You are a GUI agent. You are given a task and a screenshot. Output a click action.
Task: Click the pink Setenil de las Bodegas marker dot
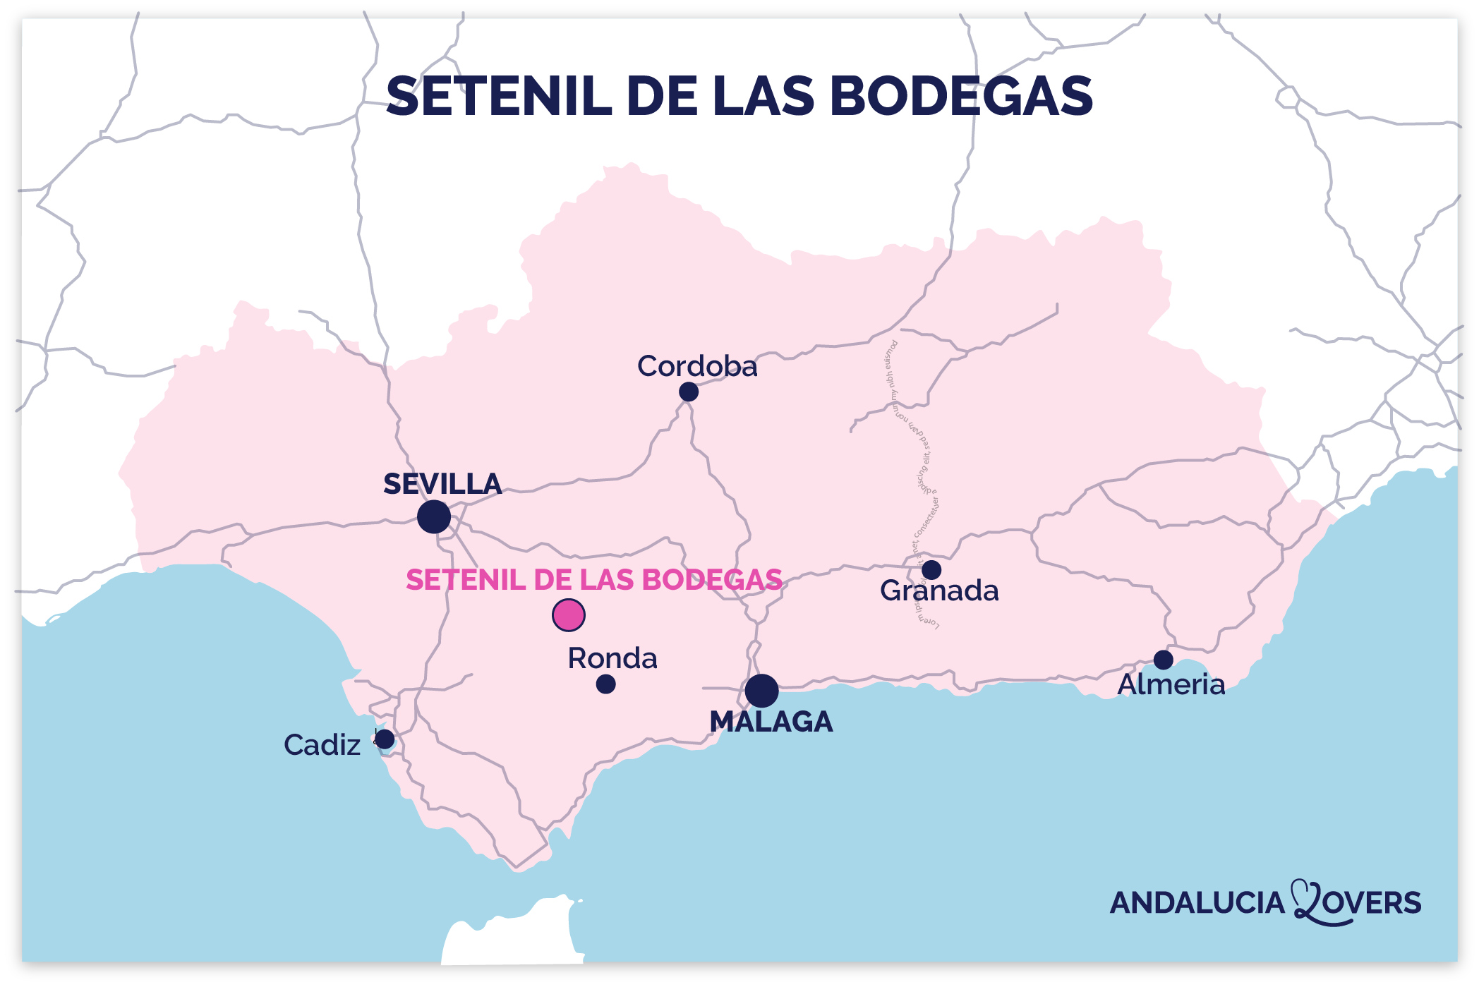568,615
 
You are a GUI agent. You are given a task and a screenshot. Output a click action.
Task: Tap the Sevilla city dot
434,517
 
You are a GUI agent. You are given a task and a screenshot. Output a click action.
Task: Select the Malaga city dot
761,691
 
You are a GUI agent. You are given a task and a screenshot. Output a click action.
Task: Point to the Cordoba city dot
689,392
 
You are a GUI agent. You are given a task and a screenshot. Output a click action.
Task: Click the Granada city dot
931,569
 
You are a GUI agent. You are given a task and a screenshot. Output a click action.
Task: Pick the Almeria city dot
1164,660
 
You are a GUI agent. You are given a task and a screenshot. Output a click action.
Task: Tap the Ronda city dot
605,684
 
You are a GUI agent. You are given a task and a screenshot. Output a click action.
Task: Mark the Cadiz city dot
385,739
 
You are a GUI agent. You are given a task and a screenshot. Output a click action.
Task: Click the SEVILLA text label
442,484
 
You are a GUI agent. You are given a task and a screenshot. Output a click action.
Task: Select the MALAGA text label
771,722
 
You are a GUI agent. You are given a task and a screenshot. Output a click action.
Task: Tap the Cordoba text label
697,366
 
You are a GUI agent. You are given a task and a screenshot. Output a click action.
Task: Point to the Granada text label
939,591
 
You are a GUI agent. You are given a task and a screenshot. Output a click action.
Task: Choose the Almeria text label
1171,684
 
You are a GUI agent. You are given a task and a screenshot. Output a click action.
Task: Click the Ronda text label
612,658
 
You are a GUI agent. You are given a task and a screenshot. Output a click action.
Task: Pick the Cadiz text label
322,745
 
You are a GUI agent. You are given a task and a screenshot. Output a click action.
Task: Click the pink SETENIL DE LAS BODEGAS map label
594,580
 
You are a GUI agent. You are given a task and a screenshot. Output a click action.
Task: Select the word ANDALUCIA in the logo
1197,903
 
